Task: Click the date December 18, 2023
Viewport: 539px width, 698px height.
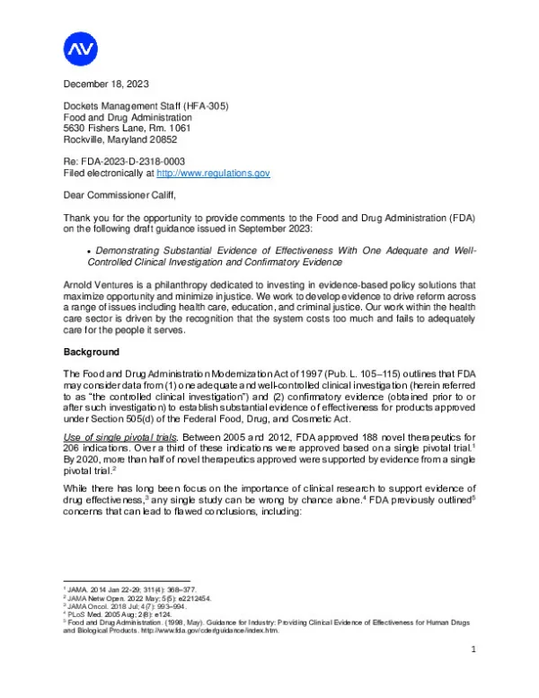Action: point(104,85)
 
